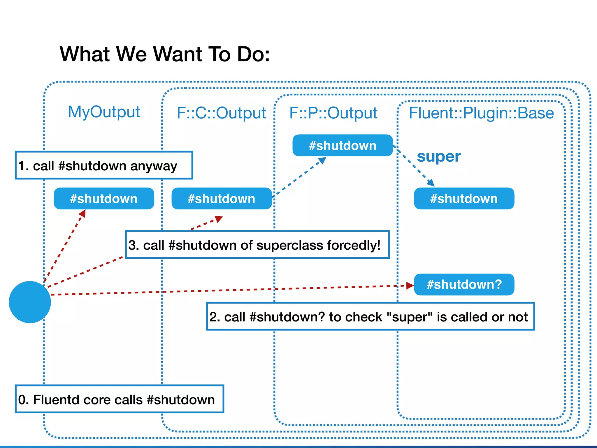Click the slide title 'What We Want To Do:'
(165, 54)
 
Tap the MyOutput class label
(104, 112)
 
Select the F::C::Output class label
(221, 113)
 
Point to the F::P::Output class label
(333, 113)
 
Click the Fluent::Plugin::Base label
(481, 113)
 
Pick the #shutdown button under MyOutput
(104, 199)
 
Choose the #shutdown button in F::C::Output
(222, 199)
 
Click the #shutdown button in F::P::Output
(343, 146)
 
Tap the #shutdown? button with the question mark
(464, 284)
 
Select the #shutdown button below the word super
(464, 199)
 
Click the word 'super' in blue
(439, 157)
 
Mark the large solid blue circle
(30, 302)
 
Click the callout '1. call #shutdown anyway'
(104, 165)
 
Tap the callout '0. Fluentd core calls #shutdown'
(119, 399)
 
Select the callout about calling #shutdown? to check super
(370, 316)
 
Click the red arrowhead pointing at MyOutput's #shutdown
(82, 213)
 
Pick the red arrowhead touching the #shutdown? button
(410, 286)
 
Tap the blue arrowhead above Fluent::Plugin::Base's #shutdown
(431, 183)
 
